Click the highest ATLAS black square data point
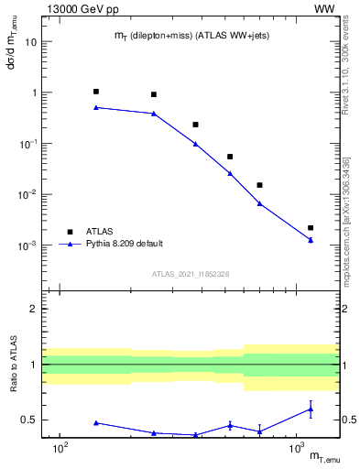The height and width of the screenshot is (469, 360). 96,92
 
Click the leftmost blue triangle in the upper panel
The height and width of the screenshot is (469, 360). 96,107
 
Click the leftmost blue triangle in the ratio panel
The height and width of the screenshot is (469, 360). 96,422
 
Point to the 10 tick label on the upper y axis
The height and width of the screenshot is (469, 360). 30,42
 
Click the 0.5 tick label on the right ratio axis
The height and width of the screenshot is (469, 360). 349,420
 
